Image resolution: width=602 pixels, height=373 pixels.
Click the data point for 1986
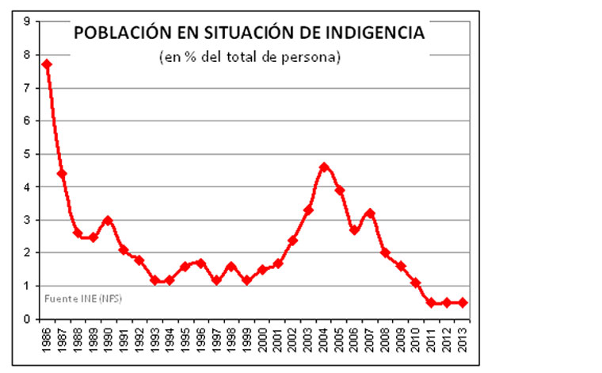(47, 64)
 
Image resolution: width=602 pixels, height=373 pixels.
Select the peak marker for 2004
(324, 167)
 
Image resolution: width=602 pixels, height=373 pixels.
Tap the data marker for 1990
(108, 221)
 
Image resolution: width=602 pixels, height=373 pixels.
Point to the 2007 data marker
(370, 213)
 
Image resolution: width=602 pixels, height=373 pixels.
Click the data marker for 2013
(463, 302)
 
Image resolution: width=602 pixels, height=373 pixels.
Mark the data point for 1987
(62, 174)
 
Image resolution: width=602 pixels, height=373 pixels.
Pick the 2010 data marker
(416, 283)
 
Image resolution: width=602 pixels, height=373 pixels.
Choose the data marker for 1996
(200, 263)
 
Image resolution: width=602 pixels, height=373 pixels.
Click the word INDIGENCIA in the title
(373, 33)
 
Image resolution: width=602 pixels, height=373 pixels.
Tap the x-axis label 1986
(47, 340)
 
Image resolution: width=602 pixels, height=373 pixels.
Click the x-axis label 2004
(324, 340)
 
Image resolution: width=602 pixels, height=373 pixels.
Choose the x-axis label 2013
(463, 340)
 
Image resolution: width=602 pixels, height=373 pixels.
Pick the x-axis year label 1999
(247, 340)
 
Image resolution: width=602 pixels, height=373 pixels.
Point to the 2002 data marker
(293, 240)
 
